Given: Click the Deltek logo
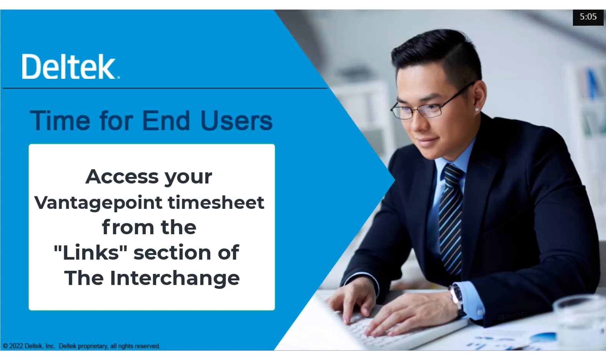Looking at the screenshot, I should click(x=70, y=67).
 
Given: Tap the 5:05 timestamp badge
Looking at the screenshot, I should click(x=588, y=17).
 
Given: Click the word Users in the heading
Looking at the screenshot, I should click(x=236, y=121).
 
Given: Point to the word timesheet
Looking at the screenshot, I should click(x=216, y=202).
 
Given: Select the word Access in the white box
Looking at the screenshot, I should click(x=122, y=177).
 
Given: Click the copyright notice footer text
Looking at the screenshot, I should click(x=82, y=346).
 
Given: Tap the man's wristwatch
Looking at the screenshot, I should click(x=457, y=297).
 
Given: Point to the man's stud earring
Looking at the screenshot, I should click(x=477, y=110).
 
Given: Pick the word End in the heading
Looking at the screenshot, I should click(x=166, y=121).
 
